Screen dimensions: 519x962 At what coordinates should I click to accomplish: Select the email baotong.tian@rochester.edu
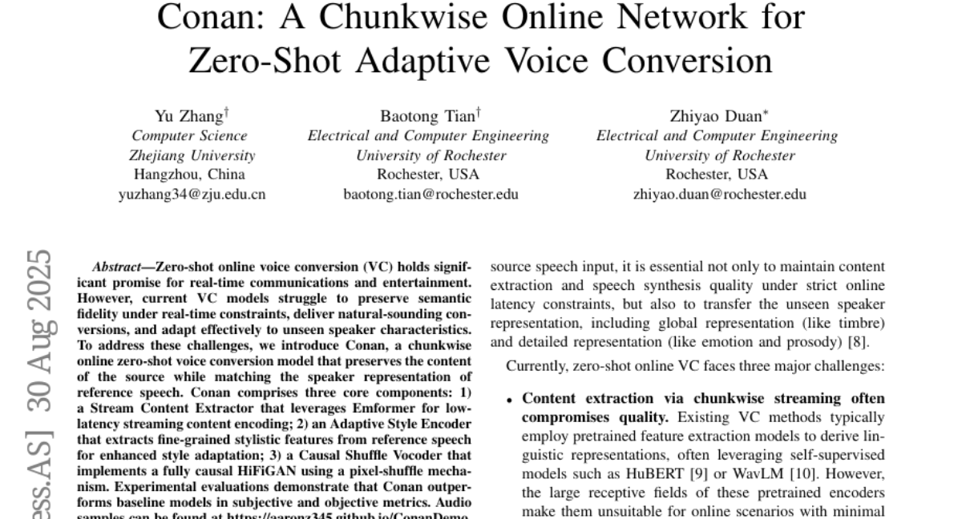(x=430, y=194)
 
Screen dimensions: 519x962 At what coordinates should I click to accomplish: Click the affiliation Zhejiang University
(x=192, y=155)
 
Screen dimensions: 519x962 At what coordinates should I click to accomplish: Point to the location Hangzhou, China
(x=189, y=175)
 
